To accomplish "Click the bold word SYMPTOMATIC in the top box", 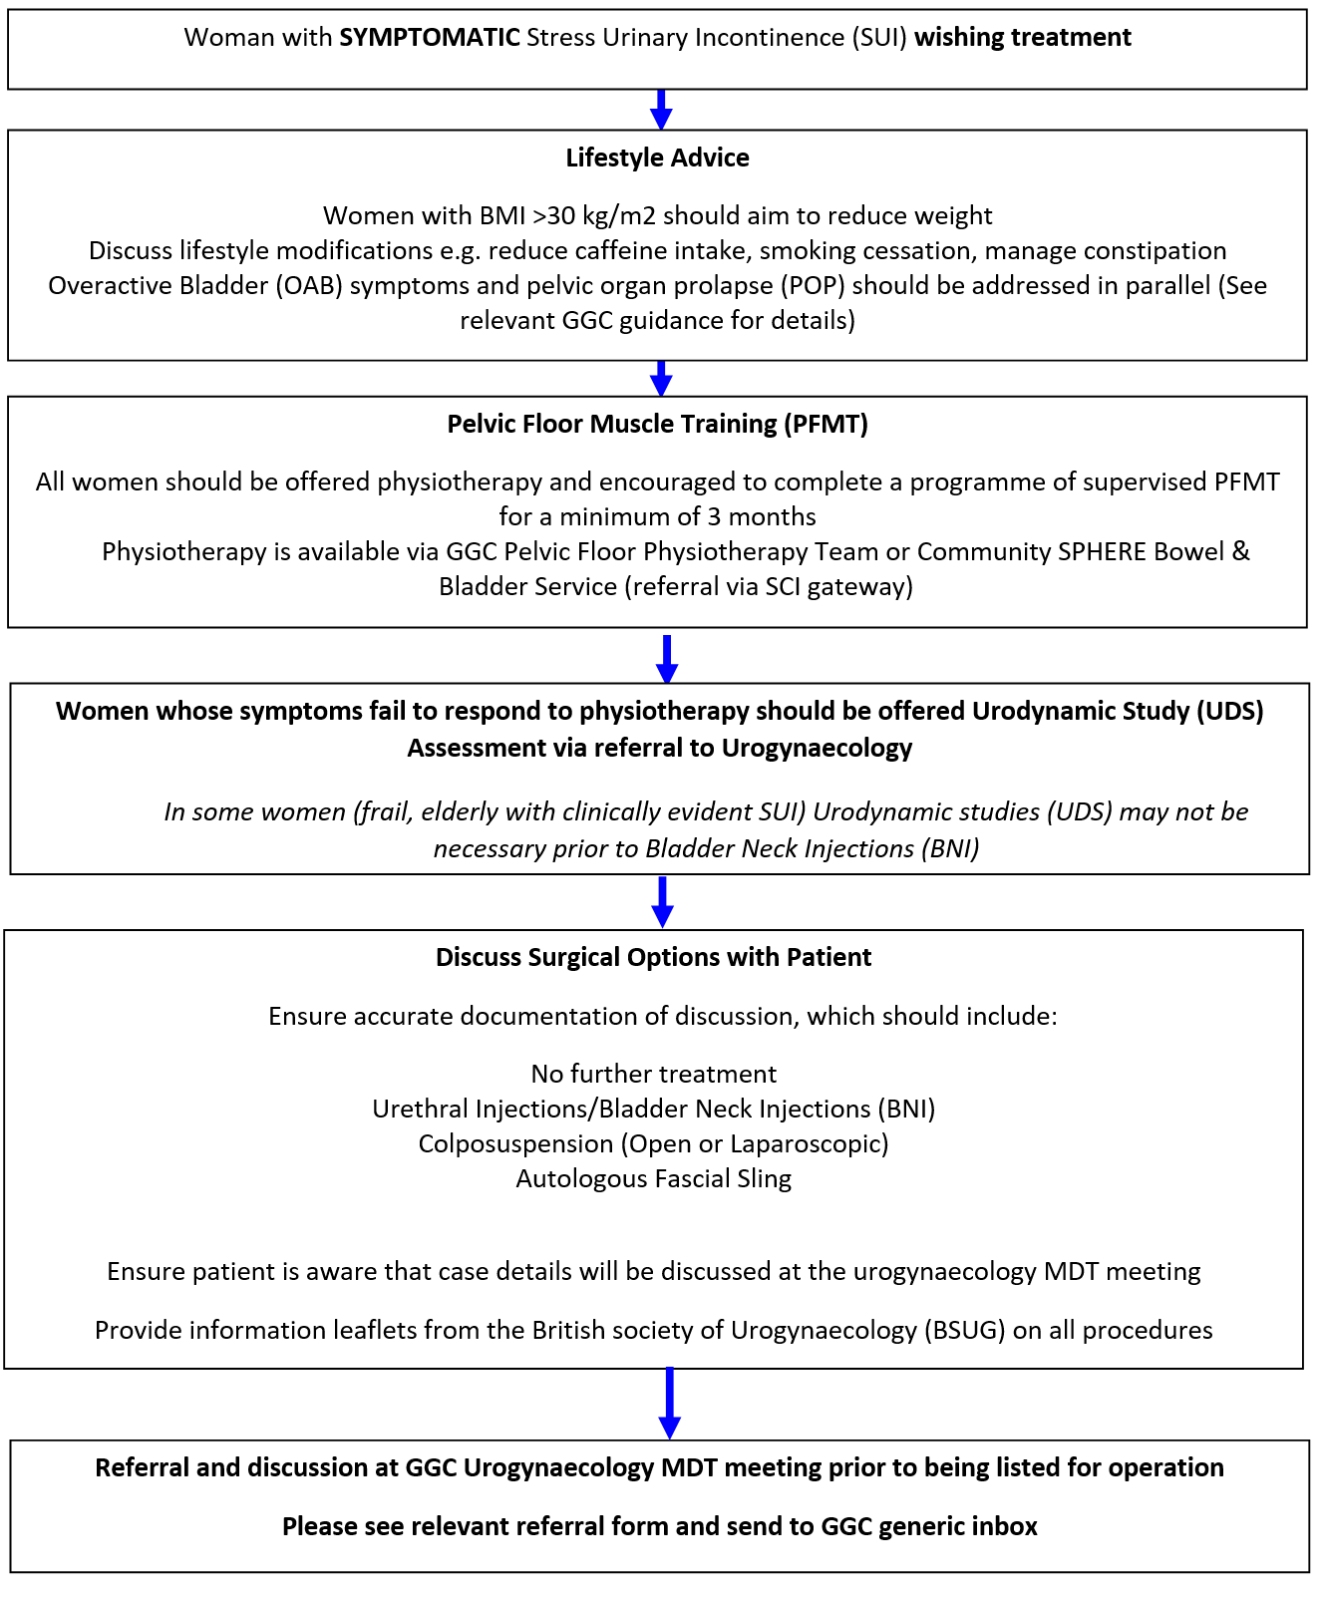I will (x=430, y=38).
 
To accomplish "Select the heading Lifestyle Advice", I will (x=657, y=158).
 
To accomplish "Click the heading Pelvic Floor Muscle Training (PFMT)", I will (x=657, y=424).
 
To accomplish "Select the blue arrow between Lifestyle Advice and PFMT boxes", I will (x=661, y=379).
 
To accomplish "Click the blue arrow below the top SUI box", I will (x=661, y=110).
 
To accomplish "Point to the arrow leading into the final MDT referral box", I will (x=670, y=1404).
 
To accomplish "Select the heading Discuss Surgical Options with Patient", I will (x=653, y=958).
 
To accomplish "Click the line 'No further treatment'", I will (x=653, y=1075).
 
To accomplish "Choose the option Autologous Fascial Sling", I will (x=653, y=1179).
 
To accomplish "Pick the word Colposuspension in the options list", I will (x=515, y=1144).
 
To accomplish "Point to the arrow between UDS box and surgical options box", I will (x=662, y=902).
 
